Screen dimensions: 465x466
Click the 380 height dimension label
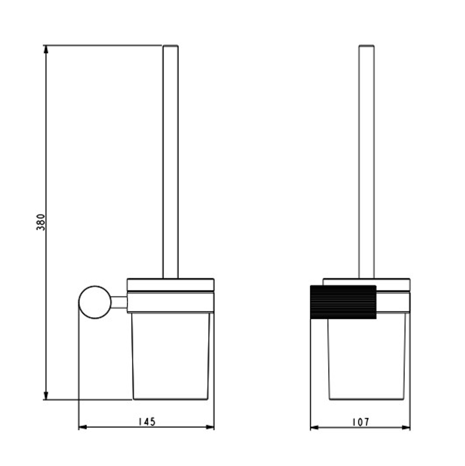[40, 222]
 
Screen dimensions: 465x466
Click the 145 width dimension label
[147, 422]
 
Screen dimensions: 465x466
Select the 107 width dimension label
[361, 422]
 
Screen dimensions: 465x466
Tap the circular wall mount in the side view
[95, 302]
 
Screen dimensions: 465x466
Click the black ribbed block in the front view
[343, 302]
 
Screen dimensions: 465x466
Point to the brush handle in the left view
[171, 162]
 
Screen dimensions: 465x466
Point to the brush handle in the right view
[367, 162]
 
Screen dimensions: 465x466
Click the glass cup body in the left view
[171, 356]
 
